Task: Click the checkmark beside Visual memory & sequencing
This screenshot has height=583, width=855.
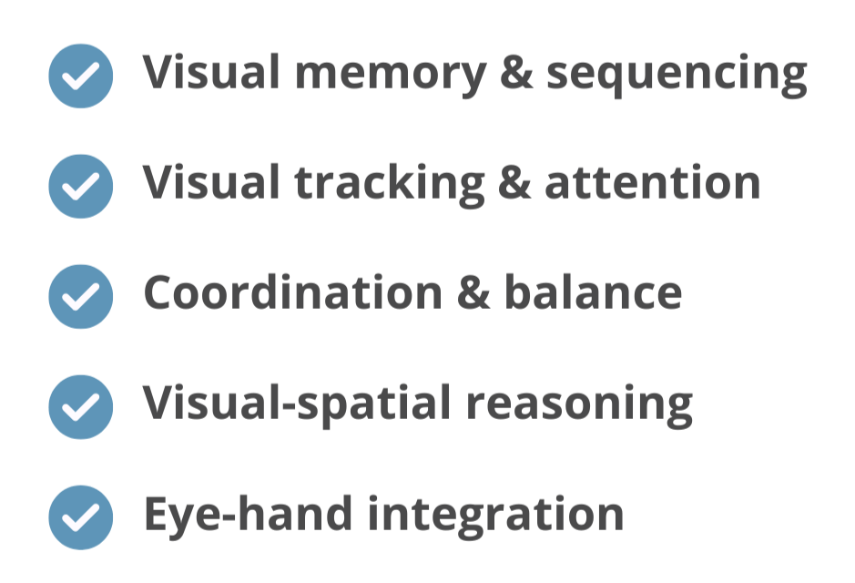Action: pyautogui.click(x=80, y=76)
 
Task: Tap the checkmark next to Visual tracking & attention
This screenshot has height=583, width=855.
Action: pyautogui.click(x=80, y=185)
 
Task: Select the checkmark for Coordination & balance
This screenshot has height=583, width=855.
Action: pyautogui.click(x=80, y=295)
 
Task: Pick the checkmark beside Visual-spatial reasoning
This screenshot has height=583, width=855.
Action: pyautogui.click(x=80, y=405)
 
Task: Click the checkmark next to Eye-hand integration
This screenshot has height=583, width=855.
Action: pyautogui.click(x=80, y=515)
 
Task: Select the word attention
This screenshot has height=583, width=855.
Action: pyautogui.click(x=653, y=183)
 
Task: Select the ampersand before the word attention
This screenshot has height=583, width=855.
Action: pyautogui.click(x=515, y=184)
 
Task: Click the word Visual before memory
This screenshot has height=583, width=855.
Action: pyautogui.click(x=209, y=73)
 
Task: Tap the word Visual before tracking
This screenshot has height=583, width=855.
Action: pyautogui.click(x=209, y=183)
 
